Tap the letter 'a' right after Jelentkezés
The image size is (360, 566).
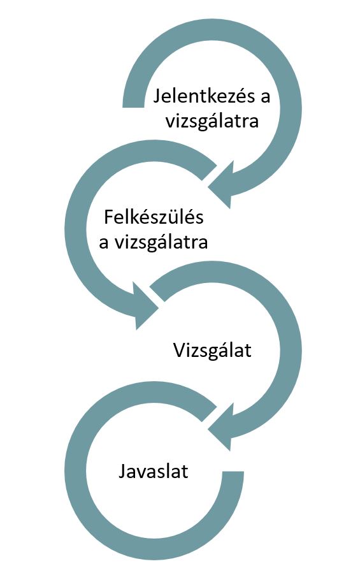(266, 98)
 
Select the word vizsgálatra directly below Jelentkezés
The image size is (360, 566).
(212, 121)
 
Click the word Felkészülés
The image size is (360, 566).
(154, 217)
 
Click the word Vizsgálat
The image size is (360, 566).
(212, 351)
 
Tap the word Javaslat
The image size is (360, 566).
(154, 472)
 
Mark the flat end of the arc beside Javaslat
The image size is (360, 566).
(233, 471)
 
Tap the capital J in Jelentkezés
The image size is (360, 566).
(157, 97)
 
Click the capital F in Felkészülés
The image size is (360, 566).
(108, 217)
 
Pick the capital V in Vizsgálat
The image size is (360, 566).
(179, 351)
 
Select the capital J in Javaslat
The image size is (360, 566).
(122, 472)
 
